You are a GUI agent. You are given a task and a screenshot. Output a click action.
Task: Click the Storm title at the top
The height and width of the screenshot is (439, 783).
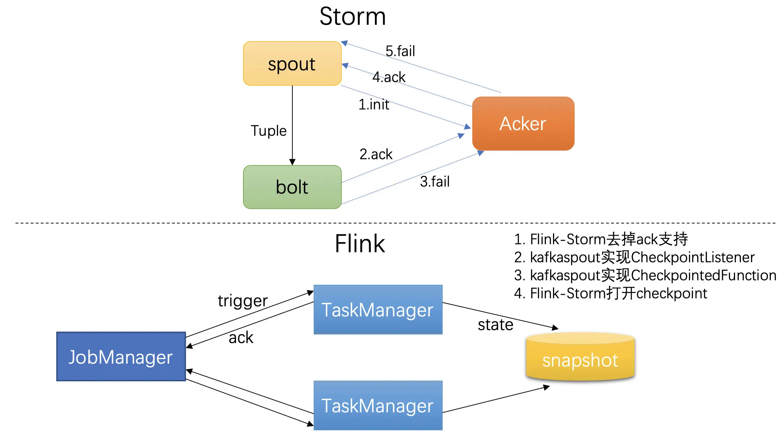(353, 17)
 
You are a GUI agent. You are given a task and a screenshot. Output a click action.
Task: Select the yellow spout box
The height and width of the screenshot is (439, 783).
(292, 64)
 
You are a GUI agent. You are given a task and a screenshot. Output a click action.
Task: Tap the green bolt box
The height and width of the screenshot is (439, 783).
(292, 187)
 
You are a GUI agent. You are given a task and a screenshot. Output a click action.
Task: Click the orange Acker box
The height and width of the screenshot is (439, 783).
(523, 124)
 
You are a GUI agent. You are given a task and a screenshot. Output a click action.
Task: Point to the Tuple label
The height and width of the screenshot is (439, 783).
(269, 131)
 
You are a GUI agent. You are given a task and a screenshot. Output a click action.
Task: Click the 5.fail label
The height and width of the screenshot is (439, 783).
(400, 51)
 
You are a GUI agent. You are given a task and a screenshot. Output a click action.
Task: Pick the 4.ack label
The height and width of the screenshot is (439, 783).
(389, 77)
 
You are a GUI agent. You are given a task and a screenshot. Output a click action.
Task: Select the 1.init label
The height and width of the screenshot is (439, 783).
(373, 105)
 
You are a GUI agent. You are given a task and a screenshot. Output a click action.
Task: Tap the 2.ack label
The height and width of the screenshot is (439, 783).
(376, 154)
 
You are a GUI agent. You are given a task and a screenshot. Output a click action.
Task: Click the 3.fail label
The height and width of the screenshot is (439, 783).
(435, 182)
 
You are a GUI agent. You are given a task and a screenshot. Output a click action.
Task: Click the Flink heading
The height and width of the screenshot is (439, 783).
(360, 244)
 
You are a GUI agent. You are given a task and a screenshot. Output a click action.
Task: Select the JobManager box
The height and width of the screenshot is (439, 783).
(121, 357)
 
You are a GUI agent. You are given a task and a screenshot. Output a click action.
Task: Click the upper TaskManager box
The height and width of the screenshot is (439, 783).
(378, 310)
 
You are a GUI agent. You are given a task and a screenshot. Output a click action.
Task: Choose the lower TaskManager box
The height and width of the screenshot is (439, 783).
(378, 405)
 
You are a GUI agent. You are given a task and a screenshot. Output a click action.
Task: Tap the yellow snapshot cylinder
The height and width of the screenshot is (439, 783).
(580, 360)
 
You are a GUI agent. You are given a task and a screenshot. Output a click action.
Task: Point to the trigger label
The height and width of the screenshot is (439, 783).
(243, 301)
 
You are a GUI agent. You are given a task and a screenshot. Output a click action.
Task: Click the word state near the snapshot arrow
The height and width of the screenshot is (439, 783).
(495, 325)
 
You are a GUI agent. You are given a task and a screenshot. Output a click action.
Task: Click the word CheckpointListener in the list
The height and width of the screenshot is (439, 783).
(693, 257)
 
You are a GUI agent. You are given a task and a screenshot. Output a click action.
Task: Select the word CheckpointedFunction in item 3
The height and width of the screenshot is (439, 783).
(703, 275)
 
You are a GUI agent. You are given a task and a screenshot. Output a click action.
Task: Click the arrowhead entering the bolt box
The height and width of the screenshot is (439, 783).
(292, 162)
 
